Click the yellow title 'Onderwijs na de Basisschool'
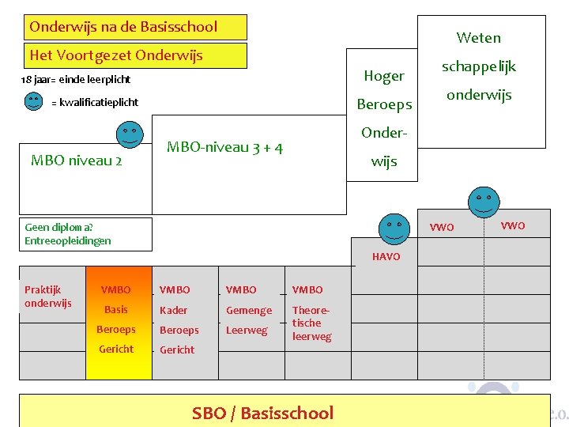pos(123,27)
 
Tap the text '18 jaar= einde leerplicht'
pos(76,80)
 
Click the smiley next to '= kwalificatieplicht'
pos(33,101)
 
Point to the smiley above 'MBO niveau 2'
pos(129,135)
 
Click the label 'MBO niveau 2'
pos(76,161)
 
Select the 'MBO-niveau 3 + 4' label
pos(225,147)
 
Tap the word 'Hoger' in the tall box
pos(384,76)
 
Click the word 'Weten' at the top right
pos(478,37)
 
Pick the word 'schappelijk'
pos(478,66)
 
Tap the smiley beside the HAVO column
pos(394,228)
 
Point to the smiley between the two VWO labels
pos(482,202)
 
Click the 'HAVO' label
pos(386,257)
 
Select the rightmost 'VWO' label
pos(512,226)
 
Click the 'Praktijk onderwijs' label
pos(48,297)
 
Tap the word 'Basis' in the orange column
pos(116,309)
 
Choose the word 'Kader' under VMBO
pos(174,310)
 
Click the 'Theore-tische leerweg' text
pos(311,323)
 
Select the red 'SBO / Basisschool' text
pos(263,413)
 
